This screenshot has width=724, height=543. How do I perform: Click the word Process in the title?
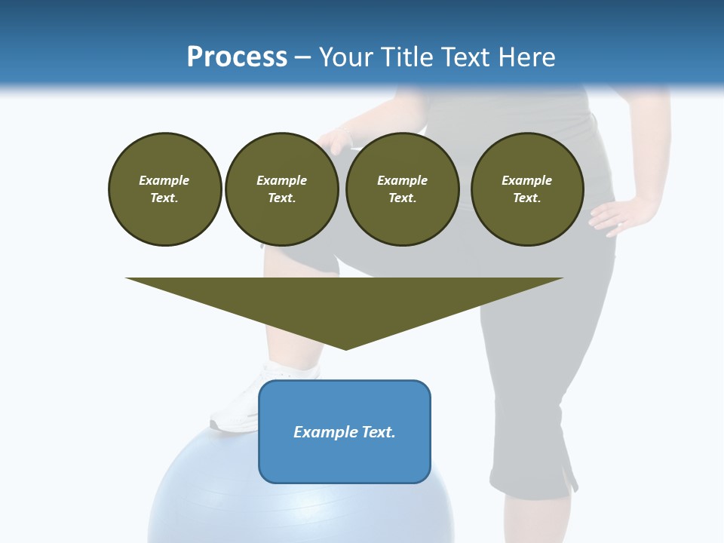237,57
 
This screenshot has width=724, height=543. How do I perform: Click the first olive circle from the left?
165,189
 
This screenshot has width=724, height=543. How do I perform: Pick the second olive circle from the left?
282,189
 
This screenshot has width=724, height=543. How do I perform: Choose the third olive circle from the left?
403,189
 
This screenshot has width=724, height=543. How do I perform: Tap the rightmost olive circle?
527,189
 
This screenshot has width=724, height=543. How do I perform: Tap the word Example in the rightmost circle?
527,180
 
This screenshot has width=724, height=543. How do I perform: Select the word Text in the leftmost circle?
164,198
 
